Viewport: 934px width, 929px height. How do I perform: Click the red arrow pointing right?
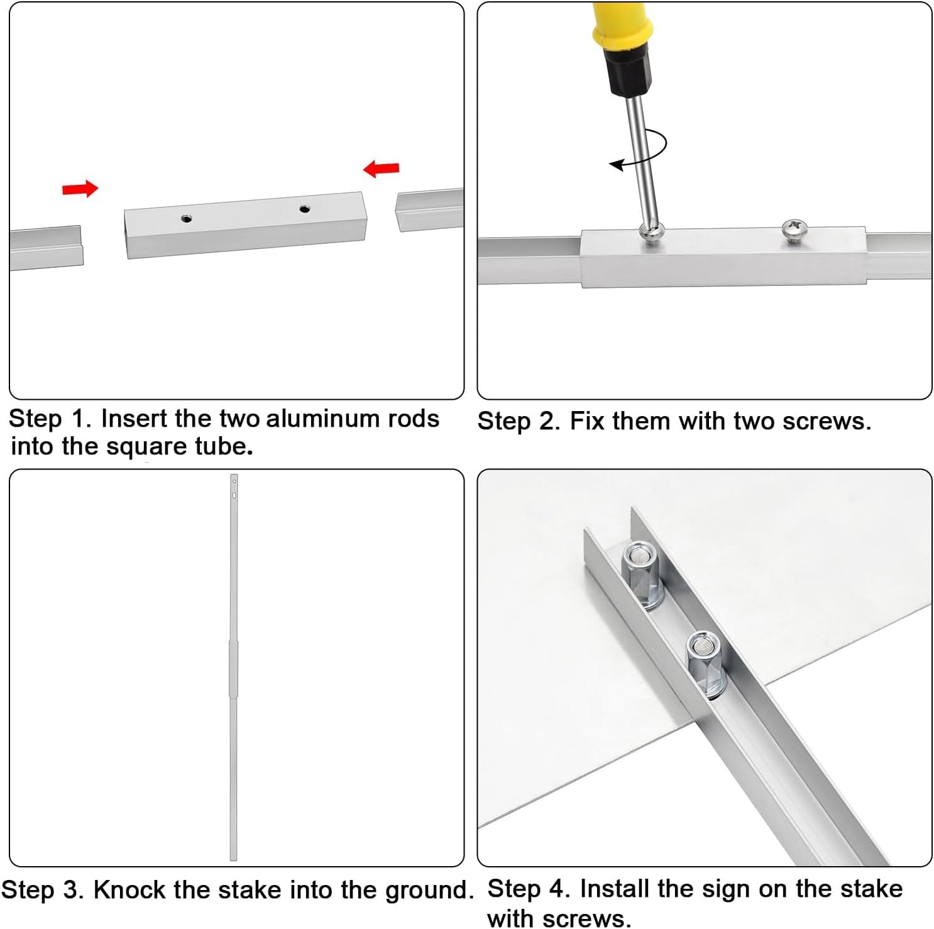pyautogui.click(x=80, y=189)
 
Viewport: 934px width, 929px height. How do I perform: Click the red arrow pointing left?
pyautogui.click(x=382, y=168)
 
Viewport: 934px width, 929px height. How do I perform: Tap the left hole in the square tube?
pyautogui.click(x=186, y=219)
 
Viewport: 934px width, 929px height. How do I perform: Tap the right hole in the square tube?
pyautogui.click(x=305, y=209)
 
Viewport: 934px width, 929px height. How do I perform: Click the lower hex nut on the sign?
pyautogui.click(x=706, y=663)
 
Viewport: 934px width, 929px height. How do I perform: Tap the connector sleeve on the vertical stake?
pyautogui.click(x=233, y=669)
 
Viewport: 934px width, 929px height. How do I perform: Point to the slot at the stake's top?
pyautogui.click(x=234, y=495)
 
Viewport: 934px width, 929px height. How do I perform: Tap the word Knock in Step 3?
pyautogui.click(x=129, y=890)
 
